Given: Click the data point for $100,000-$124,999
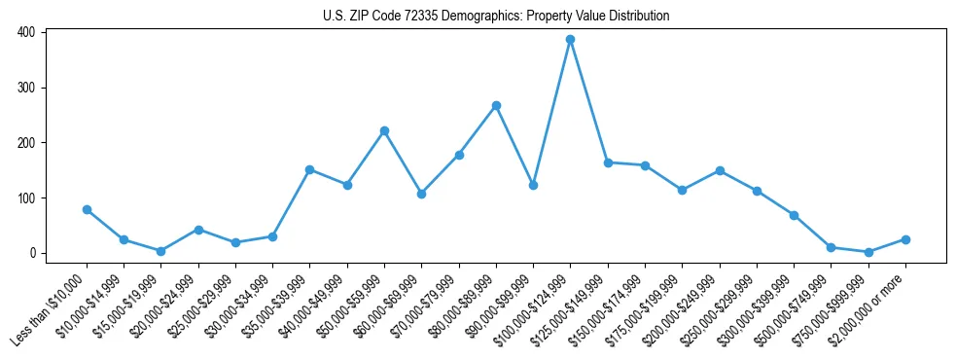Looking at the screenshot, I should [x=571, y=39].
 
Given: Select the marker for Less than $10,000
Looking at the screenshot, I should [x=87, y=209].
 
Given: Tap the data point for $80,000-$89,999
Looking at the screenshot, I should [x=496, y=105].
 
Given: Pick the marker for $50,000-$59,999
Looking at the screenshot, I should [x=384, y=130].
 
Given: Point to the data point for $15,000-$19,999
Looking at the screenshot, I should [x=161, y=251].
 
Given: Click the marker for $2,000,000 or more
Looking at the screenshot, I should [x=905, y=239].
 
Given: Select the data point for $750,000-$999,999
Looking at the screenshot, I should [x=868, y=252].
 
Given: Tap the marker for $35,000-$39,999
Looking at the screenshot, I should [x=310, y=169].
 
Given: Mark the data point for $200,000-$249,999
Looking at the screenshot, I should [x=720, y=170].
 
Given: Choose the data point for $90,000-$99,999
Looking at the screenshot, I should [x=533, y=185].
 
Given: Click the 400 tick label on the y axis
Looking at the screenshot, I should [x=26, y=32].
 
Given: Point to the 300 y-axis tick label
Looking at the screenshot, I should [x=26, y=88].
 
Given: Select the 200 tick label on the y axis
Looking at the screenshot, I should [x=26, y=143].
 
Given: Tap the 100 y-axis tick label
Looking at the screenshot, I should [x=26, y=198].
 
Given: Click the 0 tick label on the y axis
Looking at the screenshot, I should [x=32, y=253].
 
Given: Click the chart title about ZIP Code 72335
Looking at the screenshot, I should [x=496, y=17].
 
